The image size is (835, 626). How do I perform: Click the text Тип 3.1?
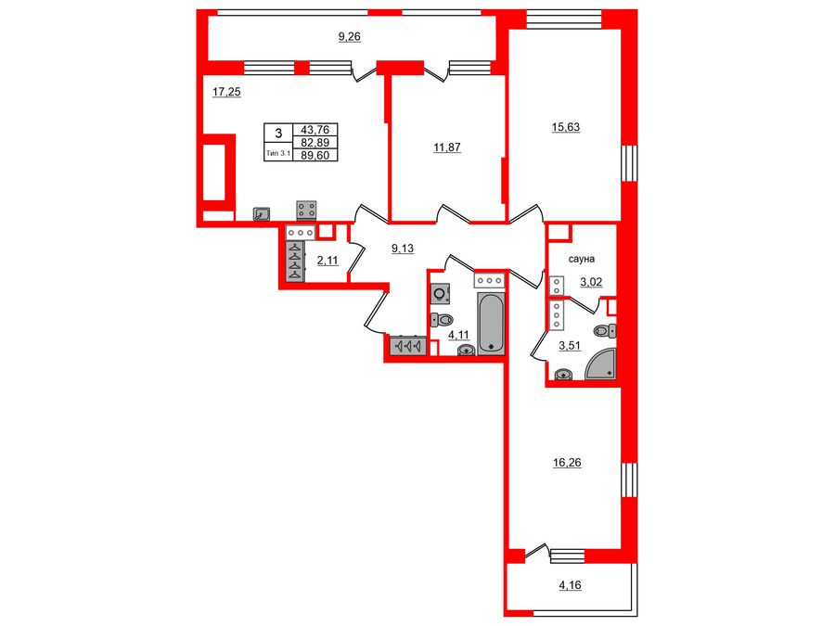point(278,154)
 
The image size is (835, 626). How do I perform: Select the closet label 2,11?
point(328,261)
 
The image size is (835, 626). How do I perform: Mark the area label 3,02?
point(592,282)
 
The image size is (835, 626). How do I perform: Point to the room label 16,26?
point(567,461)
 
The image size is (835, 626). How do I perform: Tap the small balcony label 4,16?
point(569,585)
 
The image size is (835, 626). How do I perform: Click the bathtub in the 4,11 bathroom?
point(491,325)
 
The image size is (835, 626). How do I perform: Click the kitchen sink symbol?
point(263,213)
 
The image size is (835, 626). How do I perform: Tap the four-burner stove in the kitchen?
point(307,211)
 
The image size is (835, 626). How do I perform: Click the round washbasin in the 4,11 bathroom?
point(466,350)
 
